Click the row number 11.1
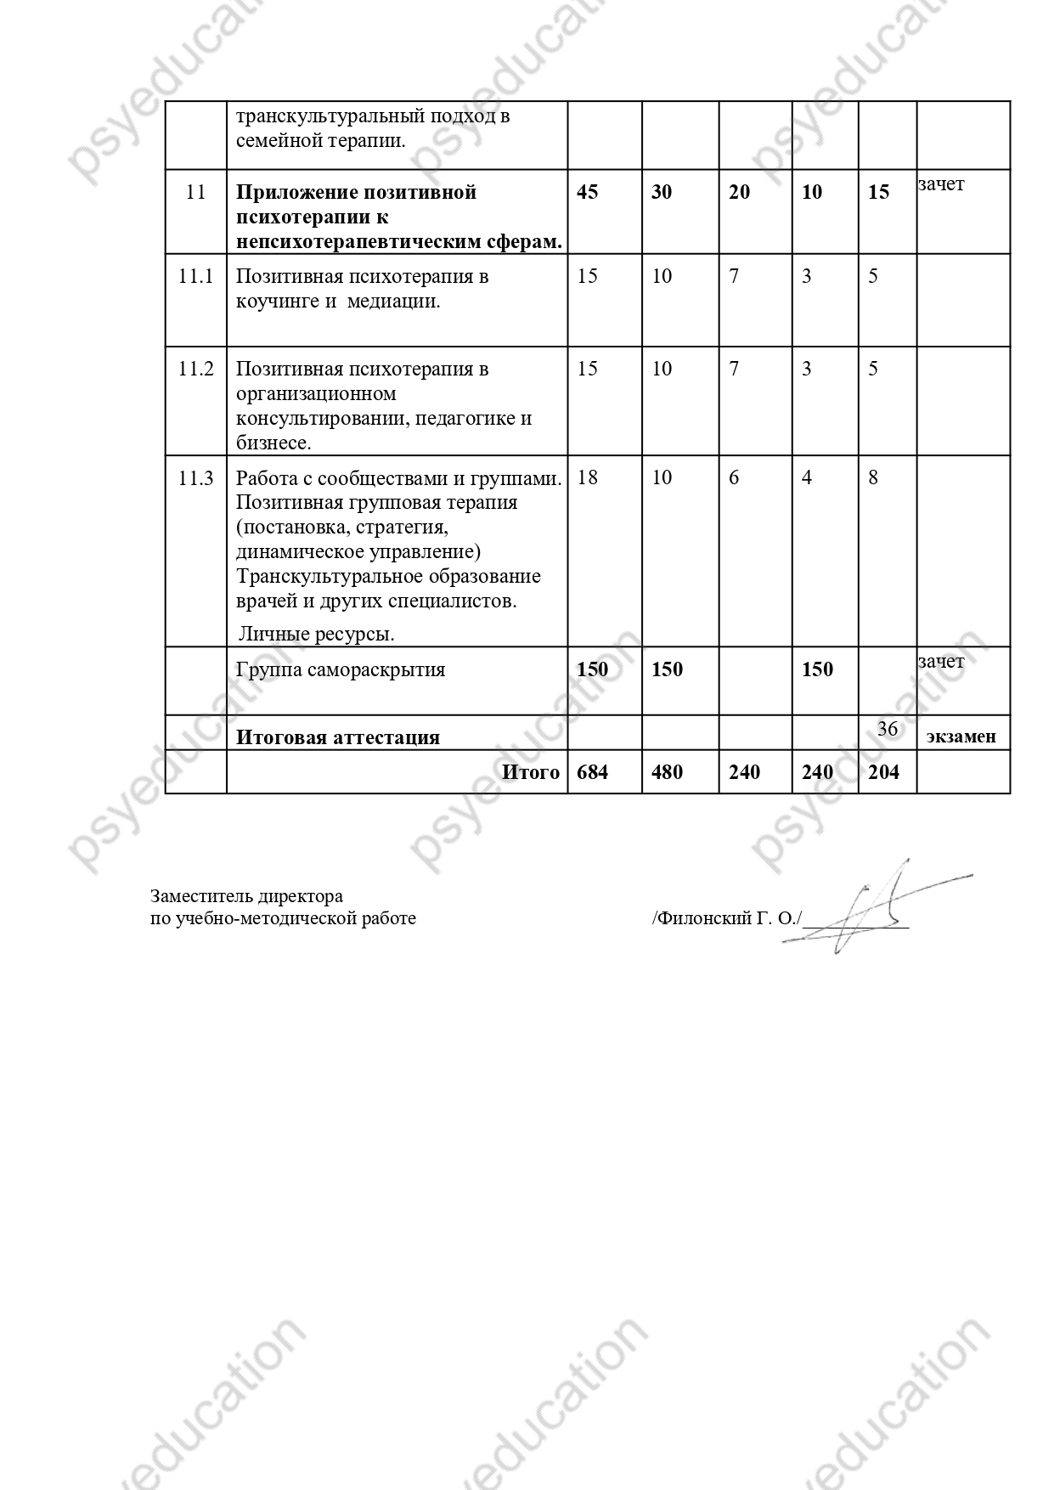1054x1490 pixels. [x=195, y=276]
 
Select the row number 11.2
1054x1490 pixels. [x=195, y=369]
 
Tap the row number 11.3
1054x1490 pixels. [x=195, y=477]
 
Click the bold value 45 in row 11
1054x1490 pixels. [x=587, y=192]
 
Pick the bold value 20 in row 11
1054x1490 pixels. [x=740, y=192]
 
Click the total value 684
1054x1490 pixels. [x=592, y=772]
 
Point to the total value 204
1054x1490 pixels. [x=884, y=772]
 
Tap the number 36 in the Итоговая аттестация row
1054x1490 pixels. [x=887, y=729]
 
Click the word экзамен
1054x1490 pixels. [x=961, y=737]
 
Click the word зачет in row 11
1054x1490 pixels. [x=941, y=183]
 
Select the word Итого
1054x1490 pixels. [x=531, y=772]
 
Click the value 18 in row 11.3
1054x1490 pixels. [x=587, y=477]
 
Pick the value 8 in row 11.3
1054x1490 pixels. [x=873, y=477]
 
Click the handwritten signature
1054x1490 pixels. [x=866, y=907]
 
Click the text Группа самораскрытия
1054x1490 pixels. [x=341, y=669]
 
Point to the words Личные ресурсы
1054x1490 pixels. [x=317, y=634]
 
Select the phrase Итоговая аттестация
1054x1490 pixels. [x=338, y=737]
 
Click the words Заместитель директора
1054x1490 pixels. [x=246, y=896]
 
